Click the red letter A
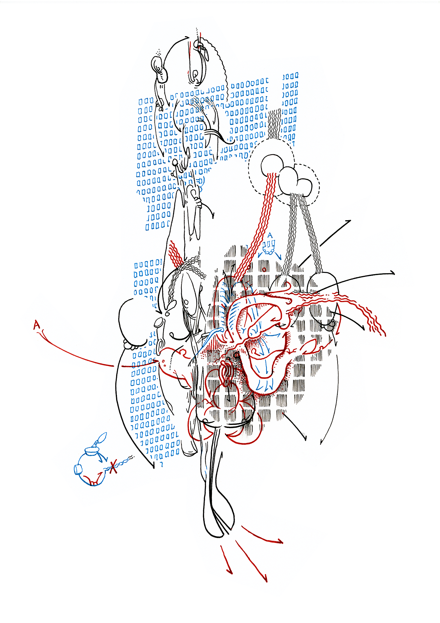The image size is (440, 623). click(x=37, y=325)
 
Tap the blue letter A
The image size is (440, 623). click(x=270, y=235)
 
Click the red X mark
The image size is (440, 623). click(x=113, y=466)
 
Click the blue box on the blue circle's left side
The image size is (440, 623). click(x=78, y=469)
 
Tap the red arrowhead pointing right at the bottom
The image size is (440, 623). click(x=279, y=542)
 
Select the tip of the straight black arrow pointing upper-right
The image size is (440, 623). click(x=351, y=221)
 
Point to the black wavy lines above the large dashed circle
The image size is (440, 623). click(x=274, y=124)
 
